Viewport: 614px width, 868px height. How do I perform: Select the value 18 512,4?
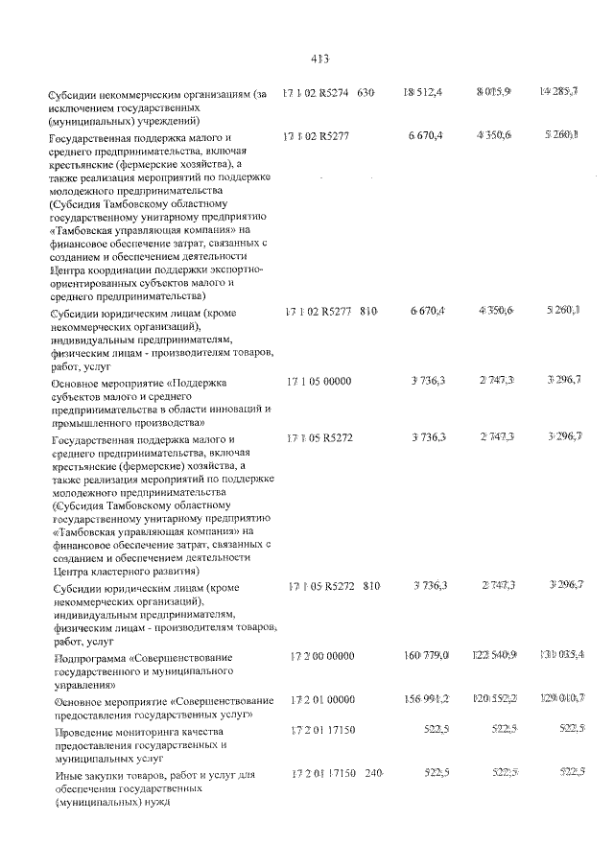(x=423, y=92)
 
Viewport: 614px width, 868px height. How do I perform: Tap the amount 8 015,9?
(x=493, y=92)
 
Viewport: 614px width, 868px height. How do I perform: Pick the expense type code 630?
(x=366, y=93)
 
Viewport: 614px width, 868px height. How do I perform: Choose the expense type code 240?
(x=371, y=772)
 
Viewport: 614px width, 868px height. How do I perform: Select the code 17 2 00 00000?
(x=322, y=655)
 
